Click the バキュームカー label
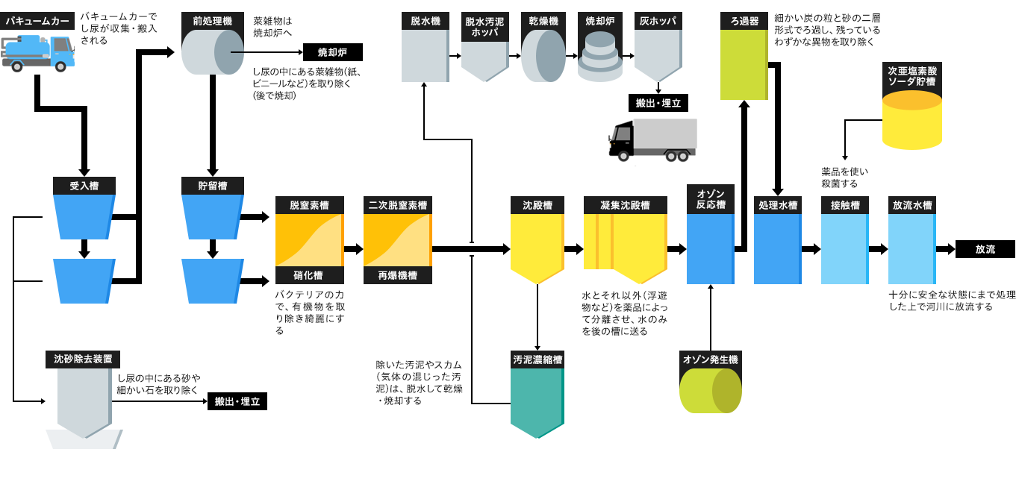pos(37,21)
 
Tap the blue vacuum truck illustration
pos(38,53)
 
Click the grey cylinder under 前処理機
pos(213,52)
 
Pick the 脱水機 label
pos(425,21)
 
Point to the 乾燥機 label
pos(543,21)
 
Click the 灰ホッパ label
pos(658,21)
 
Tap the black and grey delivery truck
pos(652,139)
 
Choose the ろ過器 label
pos(744,21)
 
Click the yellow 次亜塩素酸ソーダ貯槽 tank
pos(911,120)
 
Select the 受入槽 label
pos(84,186)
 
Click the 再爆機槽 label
pos(398,275)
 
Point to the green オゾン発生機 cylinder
pos(710,390)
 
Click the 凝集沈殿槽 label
pos(625,205)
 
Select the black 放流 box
pos(985,249)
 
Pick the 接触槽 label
pos(844,205)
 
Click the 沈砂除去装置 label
pos(83,359)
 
